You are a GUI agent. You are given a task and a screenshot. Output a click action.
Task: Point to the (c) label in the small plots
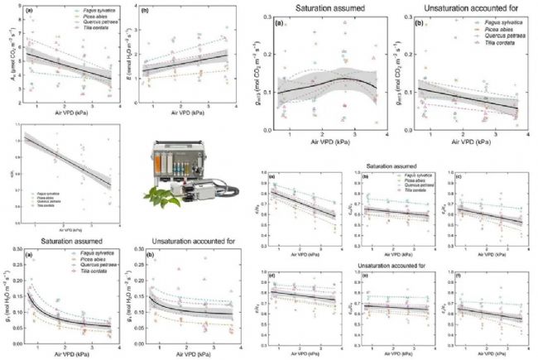point(458,178)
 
